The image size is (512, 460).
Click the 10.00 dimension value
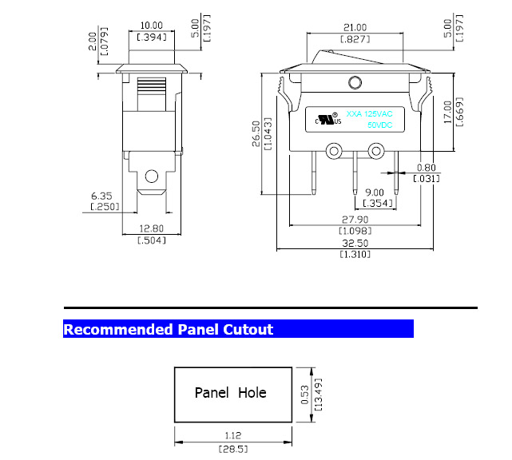[151, 26]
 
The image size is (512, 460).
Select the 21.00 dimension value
[355, 27]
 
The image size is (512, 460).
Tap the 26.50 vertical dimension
[256, 134]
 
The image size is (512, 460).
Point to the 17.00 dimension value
[448, 112]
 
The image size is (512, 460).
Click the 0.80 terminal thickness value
[426, 168]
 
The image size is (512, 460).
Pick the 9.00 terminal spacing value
[375, 192]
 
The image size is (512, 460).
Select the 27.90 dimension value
[355, 220]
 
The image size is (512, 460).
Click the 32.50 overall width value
[355, 244]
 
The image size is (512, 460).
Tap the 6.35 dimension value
[101, 196]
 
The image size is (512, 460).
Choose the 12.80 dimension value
[151, 228]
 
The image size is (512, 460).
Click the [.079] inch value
[104, 42]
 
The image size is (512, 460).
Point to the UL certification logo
[328, 118]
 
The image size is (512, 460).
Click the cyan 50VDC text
[379, 125]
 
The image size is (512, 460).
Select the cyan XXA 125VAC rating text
[369, 114]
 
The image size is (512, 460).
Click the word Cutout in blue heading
[248, 329]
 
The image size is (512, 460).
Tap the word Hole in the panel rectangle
[252, 392]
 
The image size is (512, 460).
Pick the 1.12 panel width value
[232, 435]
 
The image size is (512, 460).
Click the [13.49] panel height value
[318, 395]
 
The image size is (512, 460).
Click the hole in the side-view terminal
[152, 176]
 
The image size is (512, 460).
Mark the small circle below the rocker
[355, 82]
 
